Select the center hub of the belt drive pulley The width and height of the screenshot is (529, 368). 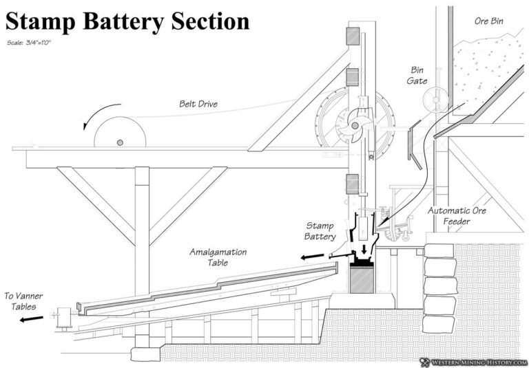click(x=120, y=142)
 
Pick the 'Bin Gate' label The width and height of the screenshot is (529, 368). click(x=417, y=76)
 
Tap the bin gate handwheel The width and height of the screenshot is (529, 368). click(x=436, y=100)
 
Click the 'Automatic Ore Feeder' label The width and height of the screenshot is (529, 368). click(x=457, y=215)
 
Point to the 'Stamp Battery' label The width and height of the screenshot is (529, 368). click(x=320, y=231)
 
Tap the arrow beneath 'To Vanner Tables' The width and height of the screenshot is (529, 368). click(x=32, y=318)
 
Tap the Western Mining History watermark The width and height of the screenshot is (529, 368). click(x=475, y=360)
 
